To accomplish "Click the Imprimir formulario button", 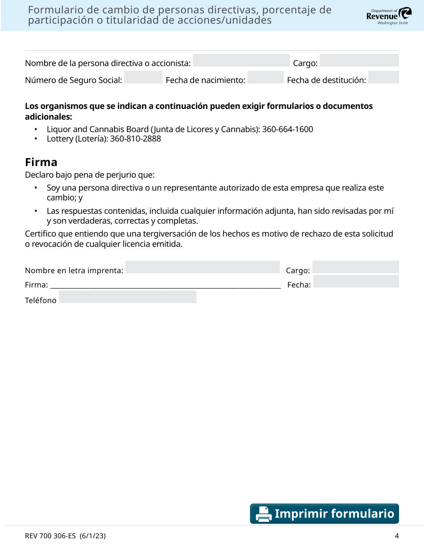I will click(x=324, y=514).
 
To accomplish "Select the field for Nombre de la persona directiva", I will click(x=241, y=61).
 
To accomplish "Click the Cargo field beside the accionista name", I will click(x=359, y=61).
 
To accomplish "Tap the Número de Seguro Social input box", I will click(x=143, y=78).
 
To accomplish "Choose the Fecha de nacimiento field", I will click(x=266, y=78).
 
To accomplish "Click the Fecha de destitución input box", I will click(x=384, y=78).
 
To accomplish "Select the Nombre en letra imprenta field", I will click(x=203, y=267).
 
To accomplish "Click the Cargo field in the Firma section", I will click(x=356, y=267).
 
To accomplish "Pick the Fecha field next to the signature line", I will click(x=356, y=281).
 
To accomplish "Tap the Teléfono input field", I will click(x=128, y=297).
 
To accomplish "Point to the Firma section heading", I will click(x=41, y=162).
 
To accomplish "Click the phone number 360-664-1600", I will click(x=287, y=129).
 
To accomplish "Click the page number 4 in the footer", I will click(x=396, y=536).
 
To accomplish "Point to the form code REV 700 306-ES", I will click(x=50, y=536).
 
